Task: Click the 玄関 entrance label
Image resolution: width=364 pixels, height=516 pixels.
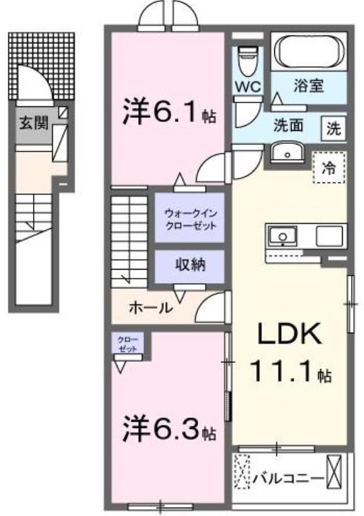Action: (34, 123)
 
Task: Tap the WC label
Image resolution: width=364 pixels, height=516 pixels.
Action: (248, 87)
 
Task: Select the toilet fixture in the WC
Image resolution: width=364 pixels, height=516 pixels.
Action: (248, 61)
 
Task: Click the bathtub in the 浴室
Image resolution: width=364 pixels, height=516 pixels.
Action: (309, 51)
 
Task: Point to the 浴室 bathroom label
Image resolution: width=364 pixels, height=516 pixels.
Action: (308, 86)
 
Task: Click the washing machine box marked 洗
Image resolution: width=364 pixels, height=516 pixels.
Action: (334, 128)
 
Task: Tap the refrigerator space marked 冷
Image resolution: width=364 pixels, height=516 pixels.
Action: (329, 168)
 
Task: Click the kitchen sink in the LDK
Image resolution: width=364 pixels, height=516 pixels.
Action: (283, 236)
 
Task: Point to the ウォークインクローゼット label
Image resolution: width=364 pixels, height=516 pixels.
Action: (190, 220)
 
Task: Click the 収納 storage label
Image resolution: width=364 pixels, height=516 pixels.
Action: (190, 264)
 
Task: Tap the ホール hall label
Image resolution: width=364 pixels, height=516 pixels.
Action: (151, 308)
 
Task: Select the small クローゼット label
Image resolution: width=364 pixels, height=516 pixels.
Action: (128, 344)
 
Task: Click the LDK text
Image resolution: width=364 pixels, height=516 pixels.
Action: (289, 333)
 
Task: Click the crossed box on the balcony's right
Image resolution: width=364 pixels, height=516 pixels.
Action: (335, 471)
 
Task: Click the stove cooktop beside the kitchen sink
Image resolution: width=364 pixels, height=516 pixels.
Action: (329, 236)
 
